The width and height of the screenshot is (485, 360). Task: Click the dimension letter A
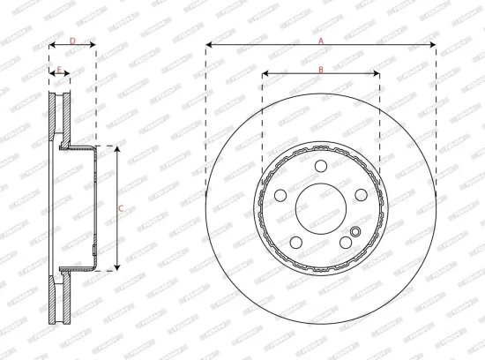pos(321,40)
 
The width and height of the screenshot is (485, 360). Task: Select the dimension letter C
pos(121,208)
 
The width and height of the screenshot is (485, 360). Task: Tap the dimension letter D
pos(71,40)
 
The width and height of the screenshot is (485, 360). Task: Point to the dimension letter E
pos(59,69)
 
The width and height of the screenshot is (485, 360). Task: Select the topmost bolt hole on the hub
pos(321,168)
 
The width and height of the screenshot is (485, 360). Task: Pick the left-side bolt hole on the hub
pos(280,196)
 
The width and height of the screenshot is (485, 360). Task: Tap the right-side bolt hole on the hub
pos(361,196)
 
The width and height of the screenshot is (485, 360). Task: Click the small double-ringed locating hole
pos(355,233)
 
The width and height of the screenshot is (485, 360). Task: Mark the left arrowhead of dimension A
pos(209,46)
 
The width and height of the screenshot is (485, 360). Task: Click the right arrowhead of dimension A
pos(433,46)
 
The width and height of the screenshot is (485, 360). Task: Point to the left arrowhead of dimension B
pos(265,75)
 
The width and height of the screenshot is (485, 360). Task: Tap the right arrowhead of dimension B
pos(377,75)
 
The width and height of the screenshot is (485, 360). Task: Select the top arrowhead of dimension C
pos(116,149)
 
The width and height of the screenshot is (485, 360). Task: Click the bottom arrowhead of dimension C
pos(116,266)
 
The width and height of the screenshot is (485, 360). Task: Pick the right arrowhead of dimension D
pos(93,46)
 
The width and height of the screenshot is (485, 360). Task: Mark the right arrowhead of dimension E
pos(68,75)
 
